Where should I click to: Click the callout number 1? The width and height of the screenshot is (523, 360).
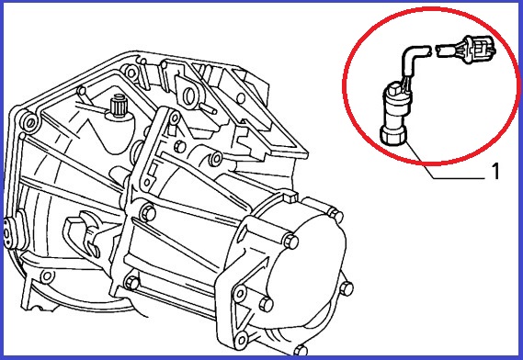[x=496, y=172]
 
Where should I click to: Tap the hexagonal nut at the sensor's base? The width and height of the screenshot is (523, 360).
[x=393, y=137]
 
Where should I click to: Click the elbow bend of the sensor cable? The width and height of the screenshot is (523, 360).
[x=410, y=57]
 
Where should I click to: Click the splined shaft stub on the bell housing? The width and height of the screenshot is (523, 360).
[x=118, y=105]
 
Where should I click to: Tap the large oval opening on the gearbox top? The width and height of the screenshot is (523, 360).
[x=188, y=96]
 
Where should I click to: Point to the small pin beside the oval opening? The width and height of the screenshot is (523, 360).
[x=210, y=108]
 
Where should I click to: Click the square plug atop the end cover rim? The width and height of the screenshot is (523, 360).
[x=290, y=196]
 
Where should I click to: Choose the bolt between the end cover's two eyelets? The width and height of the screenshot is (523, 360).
[x=267, y=304]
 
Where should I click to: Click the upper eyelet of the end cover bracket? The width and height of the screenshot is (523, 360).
[x=240, y=294]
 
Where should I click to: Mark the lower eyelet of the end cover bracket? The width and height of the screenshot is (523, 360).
[x=241, y=340]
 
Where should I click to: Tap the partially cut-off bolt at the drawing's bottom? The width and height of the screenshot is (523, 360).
[x=301, y=350]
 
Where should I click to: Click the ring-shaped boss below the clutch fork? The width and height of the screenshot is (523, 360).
[x=47, y=276]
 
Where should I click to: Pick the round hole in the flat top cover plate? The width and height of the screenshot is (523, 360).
[x=241, y=98]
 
